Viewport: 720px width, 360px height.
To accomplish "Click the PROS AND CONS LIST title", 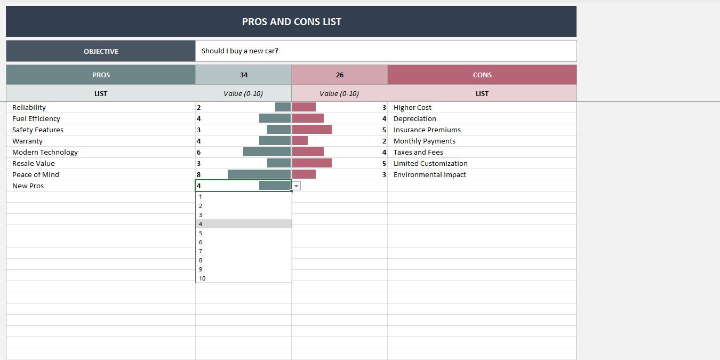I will point(291,22).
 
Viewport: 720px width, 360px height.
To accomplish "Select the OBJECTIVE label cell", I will point(101,51).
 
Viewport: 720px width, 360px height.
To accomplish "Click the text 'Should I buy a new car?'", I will point(240,51).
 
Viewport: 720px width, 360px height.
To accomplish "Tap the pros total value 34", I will point(244,75).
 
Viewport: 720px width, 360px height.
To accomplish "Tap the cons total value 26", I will point(340,75).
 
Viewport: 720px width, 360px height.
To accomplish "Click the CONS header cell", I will point(482,75).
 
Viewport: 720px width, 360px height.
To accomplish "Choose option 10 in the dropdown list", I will point(203,278).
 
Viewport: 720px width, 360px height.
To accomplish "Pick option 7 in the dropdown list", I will point(201,251).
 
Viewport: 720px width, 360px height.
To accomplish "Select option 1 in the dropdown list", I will point(201,197).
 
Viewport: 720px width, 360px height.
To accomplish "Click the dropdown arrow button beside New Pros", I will point(297,186).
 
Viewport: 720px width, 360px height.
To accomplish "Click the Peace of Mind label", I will point(36,174).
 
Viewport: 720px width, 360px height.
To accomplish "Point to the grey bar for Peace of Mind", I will point(259,174).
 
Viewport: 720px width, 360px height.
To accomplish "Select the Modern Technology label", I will point(45,152).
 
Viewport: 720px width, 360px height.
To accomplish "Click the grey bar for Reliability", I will point(283,107).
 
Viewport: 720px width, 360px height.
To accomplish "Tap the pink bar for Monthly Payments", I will point(300,141).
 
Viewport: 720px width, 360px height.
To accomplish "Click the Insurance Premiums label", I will point(427,130).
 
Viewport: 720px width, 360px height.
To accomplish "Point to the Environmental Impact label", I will point(429,174).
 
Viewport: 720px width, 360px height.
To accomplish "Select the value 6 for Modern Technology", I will point(199,152).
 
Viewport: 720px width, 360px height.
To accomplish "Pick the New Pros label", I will point(28,186).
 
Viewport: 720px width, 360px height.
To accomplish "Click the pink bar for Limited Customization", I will point(312,163).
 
